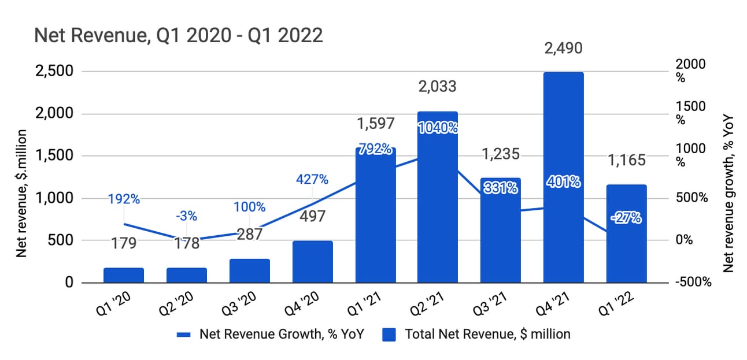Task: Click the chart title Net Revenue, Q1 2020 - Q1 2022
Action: [178, 36]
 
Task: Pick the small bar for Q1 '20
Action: [124, 275]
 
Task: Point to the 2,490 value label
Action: [563, 47]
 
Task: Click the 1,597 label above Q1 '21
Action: [375, 123]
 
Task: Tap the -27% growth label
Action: [626, 218]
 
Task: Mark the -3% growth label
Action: [186, 216]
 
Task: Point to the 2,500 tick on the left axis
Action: [53, 72]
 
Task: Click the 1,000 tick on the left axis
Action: [53, 198]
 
